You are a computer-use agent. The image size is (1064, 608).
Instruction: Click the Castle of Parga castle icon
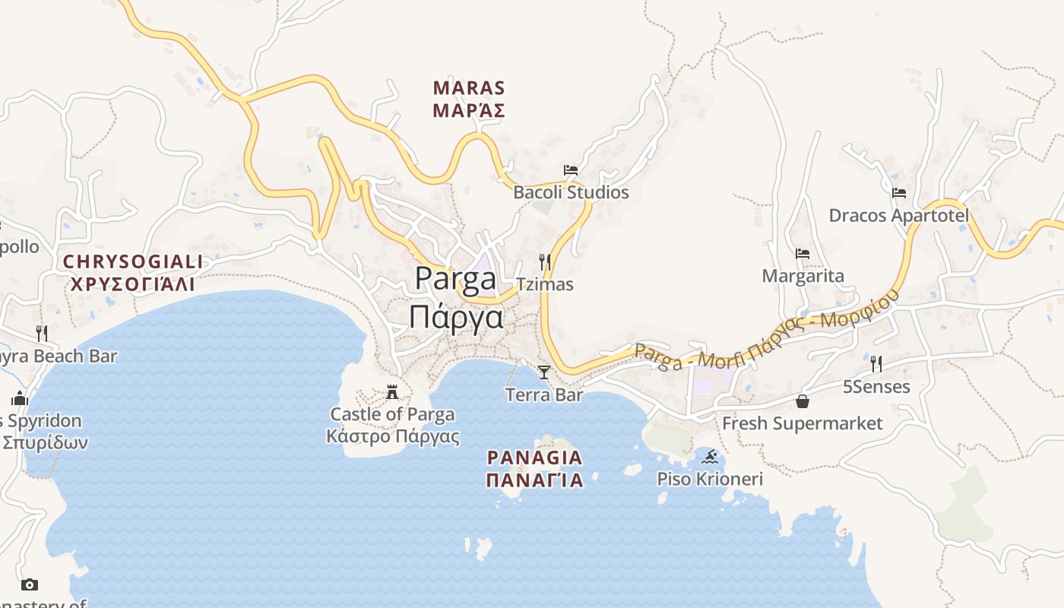coord(392,392)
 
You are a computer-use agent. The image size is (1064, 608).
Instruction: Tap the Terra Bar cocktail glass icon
coord(544,372)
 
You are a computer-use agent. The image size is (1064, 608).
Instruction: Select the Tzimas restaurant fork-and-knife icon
coord(544,262)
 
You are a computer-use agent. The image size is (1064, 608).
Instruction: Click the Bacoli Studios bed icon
coord(571,170)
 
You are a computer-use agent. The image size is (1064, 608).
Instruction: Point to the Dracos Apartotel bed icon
coord(899,193)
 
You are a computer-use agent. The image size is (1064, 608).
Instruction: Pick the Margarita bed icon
coord(803,254)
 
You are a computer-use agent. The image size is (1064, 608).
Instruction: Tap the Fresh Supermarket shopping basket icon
coord(803,401)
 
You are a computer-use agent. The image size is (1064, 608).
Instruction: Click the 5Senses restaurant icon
coord(876,364)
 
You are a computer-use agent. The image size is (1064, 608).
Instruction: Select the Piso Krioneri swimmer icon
coord(710,457)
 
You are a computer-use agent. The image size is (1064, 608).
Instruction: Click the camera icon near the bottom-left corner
coord(30,584)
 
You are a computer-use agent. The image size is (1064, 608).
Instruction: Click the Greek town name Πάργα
coord(456,316)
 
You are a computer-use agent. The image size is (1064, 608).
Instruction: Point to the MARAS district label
coord(469,88)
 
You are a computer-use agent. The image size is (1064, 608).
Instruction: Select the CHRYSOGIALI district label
coord(133,262)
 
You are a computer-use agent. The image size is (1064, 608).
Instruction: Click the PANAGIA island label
coord(535,458)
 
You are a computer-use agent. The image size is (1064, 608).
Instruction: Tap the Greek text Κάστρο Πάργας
coord(393,436)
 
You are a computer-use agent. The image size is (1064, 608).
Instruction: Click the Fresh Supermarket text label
coord(803,423)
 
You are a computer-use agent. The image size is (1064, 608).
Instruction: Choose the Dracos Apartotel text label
coord(899,216)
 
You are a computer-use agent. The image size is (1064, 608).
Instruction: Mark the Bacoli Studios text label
coord(572,192)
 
